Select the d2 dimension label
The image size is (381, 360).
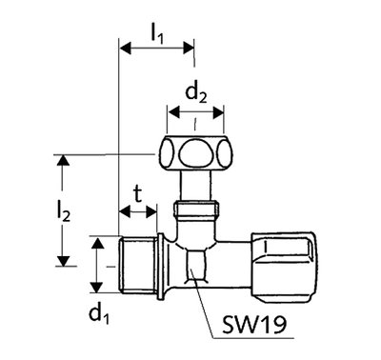(x=196, y=93)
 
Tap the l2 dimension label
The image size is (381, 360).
(x=63, y=212)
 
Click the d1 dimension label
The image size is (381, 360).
(x=99, y=314)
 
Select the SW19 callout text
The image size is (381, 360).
(x=254, y=324)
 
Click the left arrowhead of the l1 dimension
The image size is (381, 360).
(x=125, y=49)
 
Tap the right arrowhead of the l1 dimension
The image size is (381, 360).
(x=188, y=49)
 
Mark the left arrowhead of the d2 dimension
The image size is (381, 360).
(x=174, y=112)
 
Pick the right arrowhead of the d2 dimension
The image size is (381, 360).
(x=217, y=112)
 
